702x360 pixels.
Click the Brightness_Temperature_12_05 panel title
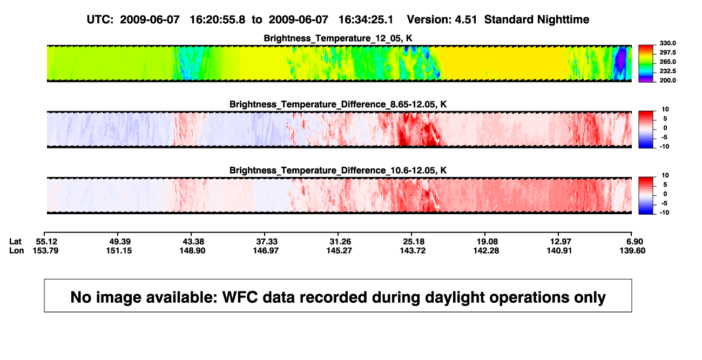[338, 38]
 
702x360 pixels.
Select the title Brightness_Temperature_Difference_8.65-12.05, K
[338, 104]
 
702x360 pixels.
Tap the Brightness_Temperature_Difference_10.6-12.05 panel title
[338, 171]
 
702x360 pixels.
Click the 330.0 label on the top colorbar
[667, 43]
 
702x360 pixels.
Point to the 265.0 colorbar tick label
[667, 62]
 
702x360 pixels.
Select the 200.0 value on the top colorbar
[667, 80]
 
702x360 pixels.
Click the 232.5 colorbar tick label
[667, 71]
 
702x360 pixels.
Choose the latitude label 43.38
[193, 242]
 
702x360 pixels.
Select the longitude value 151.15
[119, 250]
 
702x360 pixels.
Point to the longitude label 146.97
[266, 250]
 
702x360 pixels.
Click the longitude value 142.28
[486, 250]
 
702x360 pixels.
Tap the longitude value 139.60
[632, 250]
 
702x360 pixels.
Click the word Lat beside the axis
[15, 242]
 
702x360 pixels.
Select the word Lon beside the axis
[17, 250]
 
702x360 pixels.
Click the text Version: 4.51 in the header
[442, 19]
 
